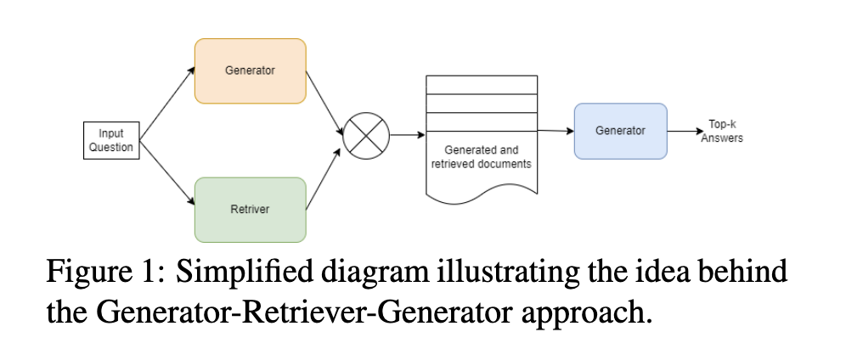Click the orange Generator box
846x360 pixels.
pos(250,71)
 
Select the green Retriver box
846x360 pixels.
pos(250,209)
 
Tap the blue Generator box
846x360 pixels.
pos(620,131)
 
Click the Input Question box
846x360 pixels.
pos(111,140)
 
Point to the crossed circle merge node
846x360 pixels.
pos(365,135)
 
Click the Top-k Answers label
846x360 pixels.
pos(721,131)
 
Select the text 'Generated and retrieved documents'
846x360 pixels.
pos(481,157)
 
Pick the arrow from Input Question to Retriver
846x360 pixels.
pos(166,175)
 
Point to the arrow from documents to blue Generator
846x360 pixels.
pos(556,131)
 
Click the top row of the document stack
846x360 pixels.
pos(481,84)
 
